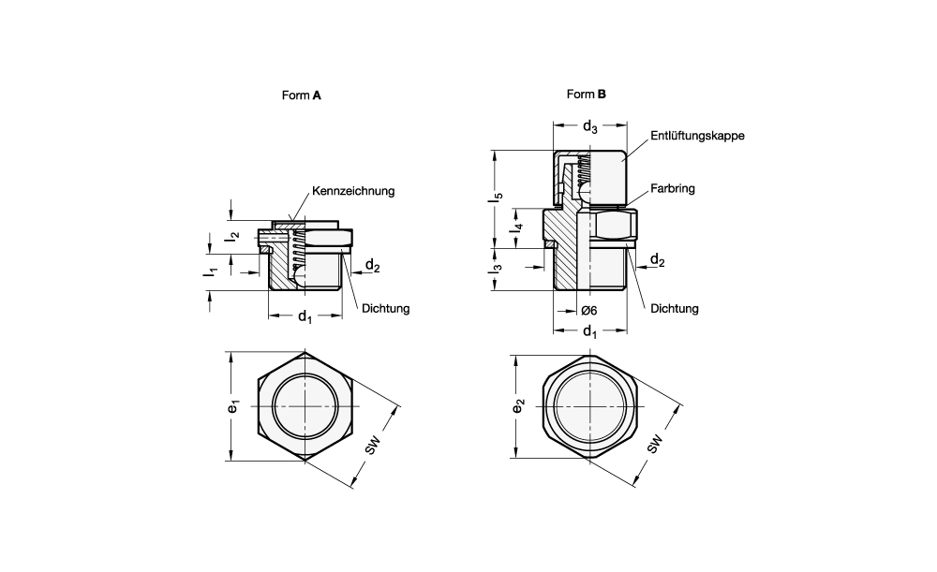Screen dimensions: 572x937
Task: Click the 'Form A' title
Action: click(302, 95)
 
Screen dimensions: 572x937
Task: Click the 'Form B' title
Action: click(587, 94)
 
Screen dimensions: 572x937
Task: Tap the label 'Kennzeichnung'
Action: click(352, 190)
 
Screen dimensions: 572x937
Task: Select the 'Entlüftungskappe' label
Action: click(697, 136)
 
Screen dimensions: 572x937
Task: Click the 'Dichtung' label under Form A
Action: click(385, 308)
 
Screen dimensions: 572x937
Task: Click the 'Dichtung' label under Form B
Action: click(675, 308)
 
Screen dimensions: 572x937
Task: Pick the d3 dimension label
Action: click(590, 126)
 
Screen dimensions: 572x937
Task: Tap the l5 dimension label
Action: click(498, 198)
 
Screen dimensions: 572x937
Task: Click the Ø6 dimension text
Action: click(589, 310)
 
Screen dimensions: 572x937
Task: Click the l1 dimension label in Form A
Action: click(214, 271)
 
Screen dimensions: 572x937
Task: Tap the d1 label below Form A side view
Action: click(305, 318)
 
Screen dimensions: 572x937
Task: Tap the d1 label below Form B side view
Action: click(589, 332)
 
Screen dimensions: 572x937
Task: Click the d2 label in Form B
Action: click(657, 259)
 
